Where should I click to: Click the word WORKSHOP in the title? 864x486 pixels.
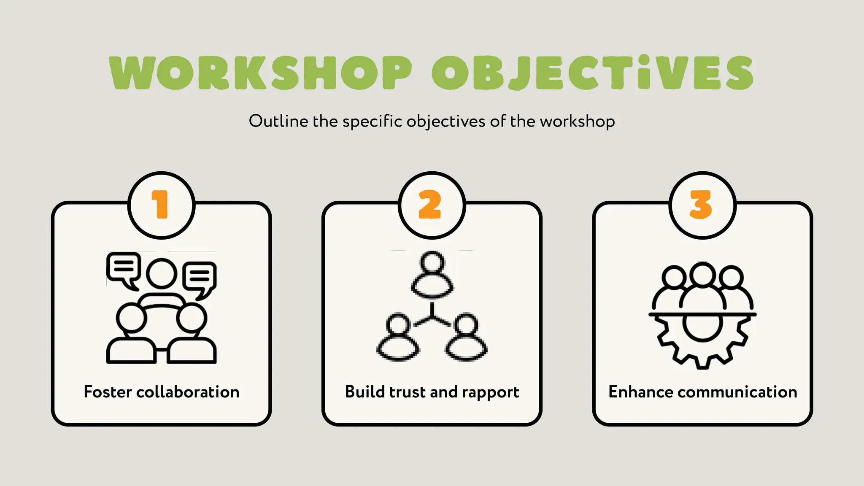point(260,73)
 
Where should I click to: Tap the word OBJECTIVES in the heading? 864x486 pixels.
point(592,73)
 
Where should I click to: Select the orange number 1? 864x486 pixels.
point(160,205)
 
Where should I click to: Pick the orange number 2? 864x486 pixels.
point(430,205)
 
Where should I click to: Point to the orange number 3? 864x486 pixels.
point(701,205)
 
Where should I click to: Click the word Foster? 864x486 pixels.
point(108,392)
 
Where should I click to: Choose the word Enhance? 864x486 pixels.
point(640,392)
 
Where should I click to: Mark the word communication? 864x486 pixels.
point(737,392)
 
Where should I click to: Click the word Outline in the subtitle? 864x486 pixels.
point(278,121)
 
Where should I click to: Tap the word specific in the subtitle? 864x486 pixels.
point(372,121)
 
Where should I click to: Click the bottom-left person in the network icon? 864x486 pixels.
point(398,337)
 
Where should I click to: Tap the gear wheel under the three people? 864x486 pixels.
point(702,337)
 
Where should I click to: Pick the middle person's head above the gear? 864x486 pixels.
point(702,274)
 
